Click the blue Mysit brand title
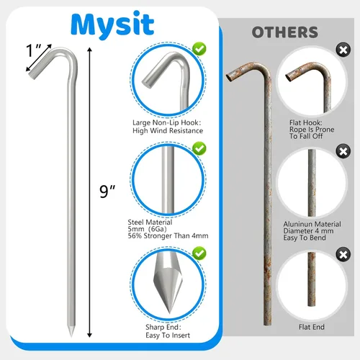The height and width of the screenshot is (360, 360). (112, 24)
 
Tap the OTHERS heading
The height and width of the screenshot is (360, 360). (285, 32)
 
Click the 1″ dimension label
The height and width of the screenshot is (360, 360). (34, 50)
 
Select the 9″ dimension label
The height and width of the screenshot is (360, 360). (107, 192)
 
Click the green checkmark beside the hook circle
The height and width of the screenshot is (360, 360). (199, 49)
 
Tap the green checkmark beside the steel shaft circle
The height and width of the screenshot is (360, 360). (199, 148)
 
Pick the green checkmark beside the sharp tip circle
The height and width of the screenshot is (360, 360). (199, 253)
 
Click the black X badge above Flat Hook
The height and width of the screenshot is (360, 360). (343, 50)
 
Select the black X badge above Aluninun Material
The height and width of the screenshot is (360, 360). (343, 151)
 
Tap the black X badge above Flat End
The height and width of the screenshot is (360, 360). (343, 255)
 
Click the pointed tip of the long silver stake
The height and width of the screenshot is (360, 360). (71, 336)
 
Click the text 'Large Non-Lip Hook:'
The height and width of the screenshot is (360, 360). (167, 122)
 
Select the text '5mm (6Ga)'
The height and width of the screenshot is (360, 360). (147, 229)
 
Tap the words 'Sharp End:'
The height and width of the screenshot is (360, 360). (163, 327)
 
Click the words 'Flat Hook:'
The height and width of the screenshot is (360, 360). (306, 122)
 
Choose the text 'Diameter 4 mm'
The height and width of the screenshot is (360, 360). (308, 231)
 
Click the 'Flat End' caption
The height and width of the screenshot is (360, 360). (312, 327)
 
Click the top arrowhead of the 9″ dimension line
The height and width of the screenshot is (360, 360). (89, 50)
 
